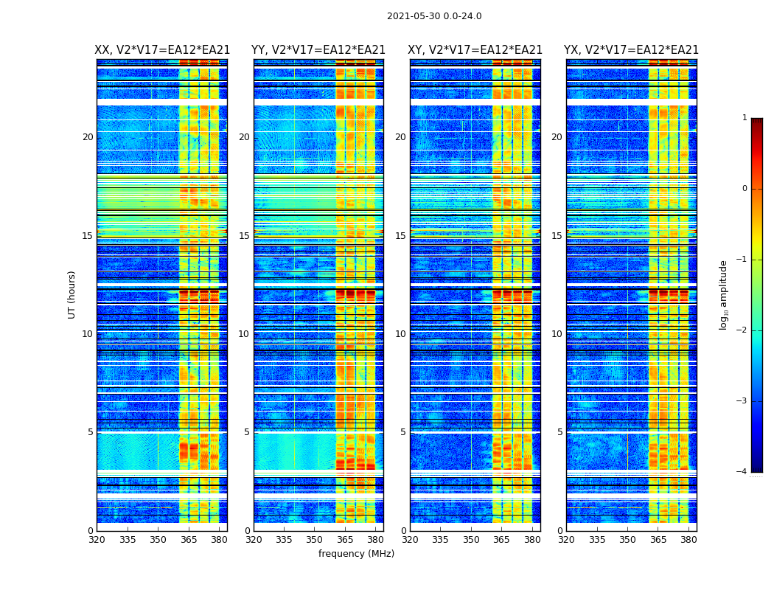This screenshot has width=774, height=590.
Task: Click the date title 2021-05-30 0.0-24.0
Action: click(x=434, y=16)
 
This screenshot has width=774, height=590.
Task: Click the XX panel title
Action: click(x=162, y=50)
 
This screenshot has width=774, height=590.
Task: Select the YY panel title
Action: click(x=318, y=50)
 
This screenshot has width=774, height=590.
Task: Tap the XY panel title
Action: click(x=475, y=50)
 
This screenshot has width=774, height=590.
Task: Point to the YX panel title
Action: click(x=632, y=50)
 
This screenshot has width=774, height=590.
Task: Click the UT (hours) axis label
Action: click(x=72, y=294)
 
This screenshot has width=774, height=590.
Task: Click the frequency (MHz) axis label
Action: click(x=356, y=554)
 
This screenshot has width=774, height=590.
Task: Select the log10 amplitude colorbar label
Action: click(x=724, y=294)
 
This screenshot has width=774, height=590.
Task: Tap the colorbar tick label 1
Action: click(x=744, y=118)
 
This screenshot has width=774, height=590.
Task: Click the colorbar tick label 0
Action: click(x=744, y=189)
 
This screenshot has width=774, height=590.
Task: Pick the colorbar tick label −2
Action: click(x=742, y=330)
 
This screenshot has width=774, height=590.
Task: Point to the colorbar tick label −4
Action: click(x=742, y=472)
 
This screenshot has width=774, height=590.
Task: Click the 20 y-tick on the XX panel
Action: click(x=88, y=137)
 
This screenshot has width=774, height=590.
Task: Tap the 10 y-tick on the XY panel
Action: click(x=400, y=334)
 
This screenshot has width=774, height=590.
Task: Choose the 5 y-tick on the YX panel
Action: click(x=559, y=432)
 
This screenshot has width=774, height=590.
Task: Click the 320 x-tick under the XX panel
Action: click(x=97, y=540)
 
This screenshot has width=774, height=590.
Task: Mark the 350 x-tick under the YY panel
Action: click(x=315, y=540)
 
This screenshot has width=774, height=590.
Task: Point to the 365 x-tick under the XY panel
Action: click(x=501, y=540)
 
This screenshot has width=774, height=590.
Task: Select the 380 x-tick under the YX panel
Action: click(x=688, y=540)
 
